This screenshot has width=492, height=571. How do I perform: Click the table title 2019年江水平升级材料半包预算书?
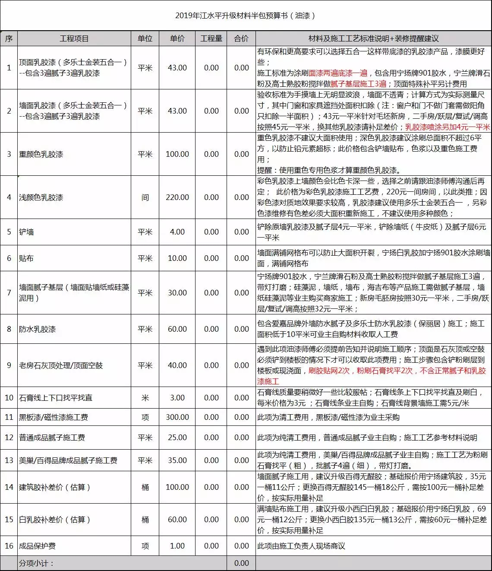tap(245, 16)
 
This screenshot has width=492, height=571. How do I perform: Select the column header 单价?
tap(177, 38)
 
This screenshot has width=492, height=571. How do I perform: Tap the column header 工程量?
tap(211, 38)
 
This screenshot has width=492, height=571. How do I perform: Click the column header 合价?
tap(241, 38)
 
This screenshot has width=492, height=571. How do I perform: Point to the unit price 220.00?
tap(177, 197)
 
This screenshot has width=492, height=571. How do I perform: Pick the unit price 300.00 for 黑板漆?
tap(177, 417)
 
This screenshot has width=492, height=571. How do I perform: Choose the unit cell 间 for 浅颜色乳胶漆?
tap(145, 197)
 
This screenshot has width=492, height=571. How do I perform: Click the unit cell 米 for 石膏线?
tap(145, 398)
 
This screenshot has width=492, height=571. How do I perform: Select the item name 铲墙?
tap(26, 232)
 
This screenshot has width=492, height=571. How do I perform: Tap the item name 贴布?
tap(26, 258)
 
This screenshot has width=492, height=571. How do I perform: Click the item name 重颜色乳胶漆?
tap(41, 154)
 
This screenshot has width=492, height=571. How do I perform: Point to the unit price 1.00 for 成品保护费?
tap(177, 546)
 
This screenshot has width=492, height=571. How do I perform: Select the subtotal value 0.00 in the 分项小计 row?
tap(241, 563)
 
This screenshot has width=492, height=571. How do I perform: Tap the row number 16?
tap(9, 546)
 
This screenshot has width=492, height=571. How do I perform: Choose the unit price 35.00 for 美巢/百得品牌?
tap(177, 460)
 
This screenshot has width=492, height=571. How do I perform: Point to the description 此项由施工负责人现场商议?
tap(301, 546)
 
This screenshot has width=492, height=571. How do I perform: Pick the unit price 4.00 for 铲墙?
tap(177, 232)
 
